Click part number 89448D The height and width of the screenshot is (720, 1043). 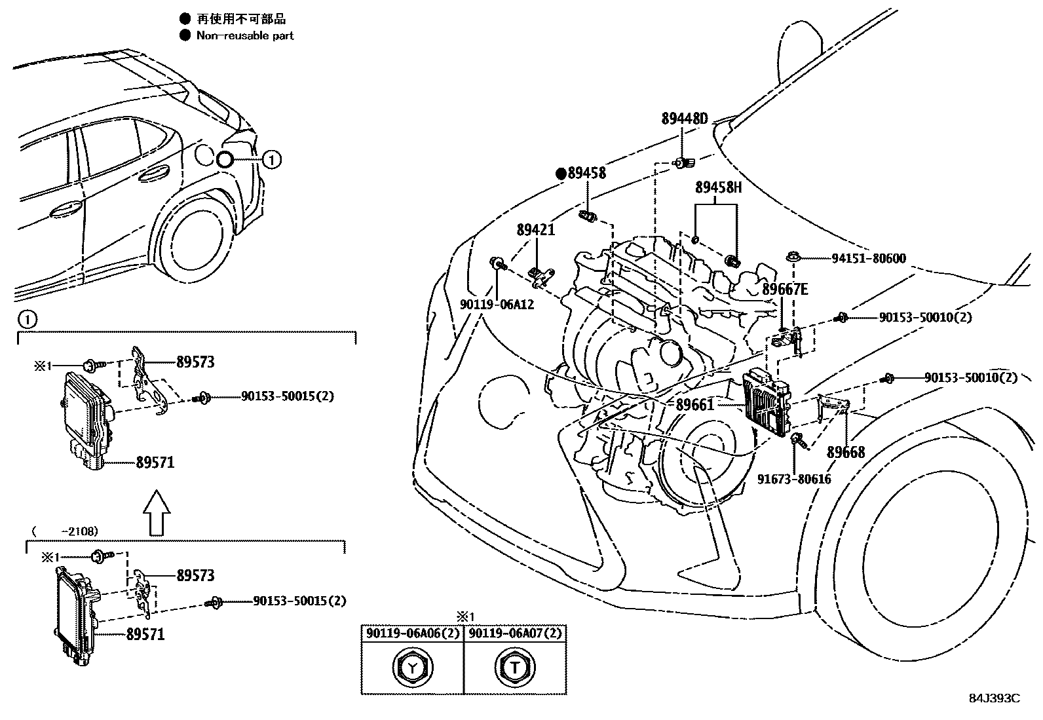point(685,119)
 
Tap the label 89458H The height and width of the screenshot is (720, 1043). point(718,187)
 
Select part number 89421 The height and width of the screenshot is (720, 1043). point(535,230)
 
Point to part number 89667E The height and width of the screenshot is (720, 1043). point(785,289)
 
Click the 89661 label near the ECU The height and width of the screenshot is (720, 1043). point(694,405)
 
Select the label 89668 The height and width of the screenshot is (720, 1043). point(845,452)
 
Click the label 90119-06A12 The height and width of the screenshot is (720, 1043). point(497,305)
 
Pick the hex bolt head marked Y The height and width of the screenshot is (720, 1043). point(412,668)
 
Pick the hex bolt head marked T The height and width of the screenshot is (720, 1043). point(515,668)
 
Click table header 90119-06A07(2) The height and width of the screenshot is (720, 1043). point(515,634)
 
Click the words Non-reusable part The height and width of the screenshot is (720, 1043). point(245,36)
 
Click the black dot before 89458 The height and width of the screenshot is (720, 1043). point(561,174)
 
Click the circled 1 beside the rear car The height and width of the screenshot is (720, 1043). point(272,159)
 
